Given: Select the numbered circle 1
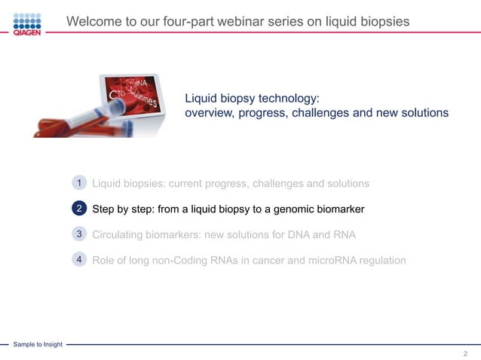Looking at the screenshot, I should [x=79, y=183].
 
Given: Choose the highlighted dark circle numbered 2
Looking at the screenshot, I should [x=79, y=209].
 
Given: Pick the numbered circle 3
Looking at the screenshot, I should [x=79, y=234].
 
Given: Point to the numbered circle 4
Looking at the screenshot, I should [x=79, y=260].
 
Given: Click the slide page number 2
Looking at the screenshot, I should [x=465, y=353].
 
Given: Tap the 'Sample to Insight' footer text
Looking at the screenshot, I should [x=37, y=344].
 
